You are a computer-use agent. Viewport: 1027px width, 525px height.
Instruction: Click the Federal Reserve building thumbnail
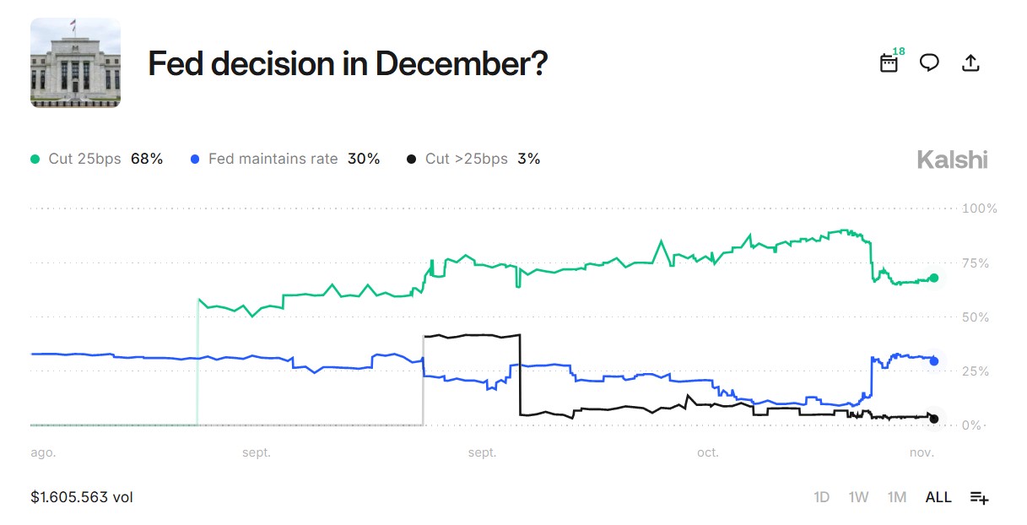[75, 63]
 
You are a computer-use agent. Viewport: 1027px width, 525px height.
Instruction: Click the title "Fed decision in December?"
[348, 63]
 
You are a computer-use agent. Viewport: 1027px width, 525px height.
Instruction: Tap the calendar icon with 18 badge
[889, 62]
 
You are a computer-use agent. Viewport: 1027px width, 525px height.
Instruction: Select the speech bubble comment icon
[929, 62]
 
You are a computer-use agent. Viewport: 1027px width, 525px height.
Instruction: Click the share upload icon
[970, 62]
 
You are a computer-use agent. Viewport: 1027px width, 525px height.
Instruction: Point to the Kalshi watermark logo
[952, 160]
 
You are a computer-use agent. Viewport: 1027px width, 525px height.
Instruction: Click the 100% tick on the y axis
[980, 208]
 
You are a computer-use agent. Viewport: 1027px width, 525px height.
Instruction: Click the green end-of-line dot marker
[933, 278]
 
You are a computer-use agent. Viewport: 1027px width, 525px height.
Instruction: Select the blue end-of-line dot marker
[933, 361]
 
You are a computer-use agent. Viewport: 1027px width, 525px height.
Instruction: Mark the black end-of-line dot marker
[933, 419]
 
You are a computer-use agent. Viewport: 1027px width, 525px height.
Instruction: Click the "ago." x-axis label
[43, 453]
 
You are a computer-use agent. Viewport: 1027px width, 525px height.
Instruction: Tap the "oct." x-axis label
[707, 453]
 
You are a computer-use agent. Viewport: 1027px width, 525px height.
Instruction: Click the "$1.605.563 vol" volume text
[82, 497]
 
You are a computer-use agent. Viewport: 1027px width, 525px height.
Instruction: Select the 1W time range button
[858, 497]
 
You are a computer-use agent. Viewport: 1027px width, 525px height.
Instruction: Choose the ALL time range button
[938, 497]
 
